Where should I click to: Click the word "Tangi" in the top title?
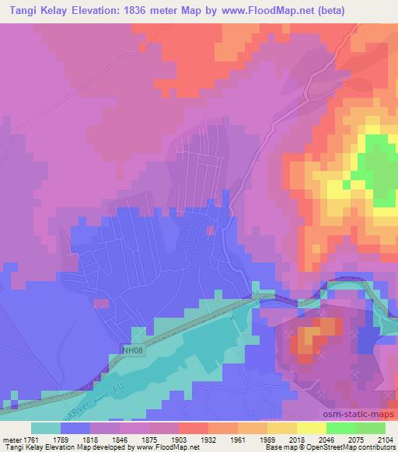pos(20,9)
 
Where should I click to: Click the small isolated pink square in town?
pos(210,230)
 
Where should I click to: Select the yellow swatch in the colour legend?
pos(310,428)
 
